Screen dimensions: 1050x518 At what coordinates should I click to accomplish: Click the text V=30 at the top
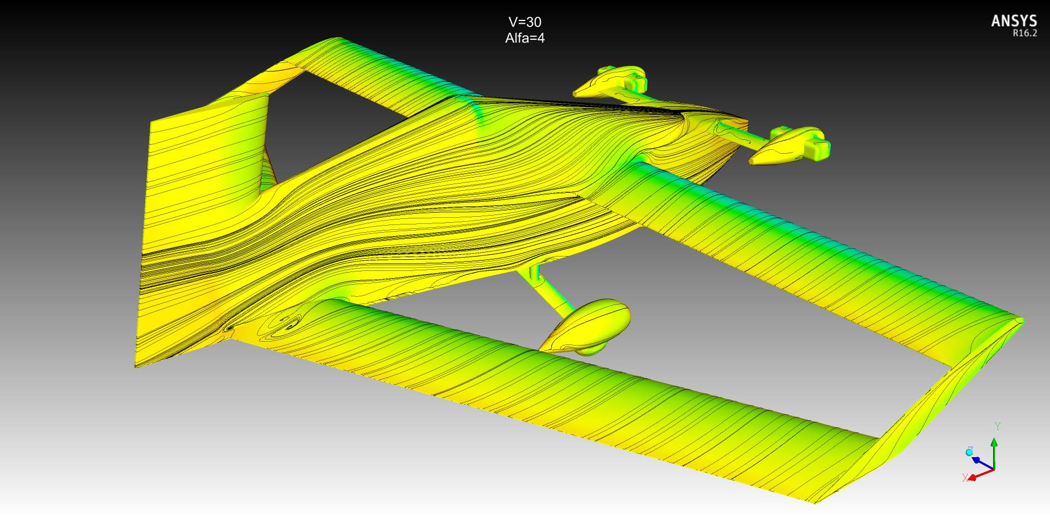tap(525, 22)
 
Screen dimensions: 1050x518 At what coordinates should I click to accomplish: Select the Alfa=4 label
tap(525, 38)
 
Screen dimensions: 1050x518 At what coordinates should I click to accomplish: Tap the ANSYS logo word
tap(1014, 21)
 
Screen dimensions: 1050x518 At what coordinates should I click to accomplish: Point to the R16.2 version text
tap(1025, 33)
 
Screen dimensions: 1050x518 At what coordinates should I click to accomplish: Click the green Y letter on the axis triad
tap(998, 426)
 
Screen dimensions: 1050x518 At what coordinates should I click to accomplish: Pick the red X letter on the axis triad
tap(965, 478)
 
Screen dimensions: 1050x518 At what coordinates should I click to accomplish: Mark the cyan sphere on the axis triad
tap(969, 452)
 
